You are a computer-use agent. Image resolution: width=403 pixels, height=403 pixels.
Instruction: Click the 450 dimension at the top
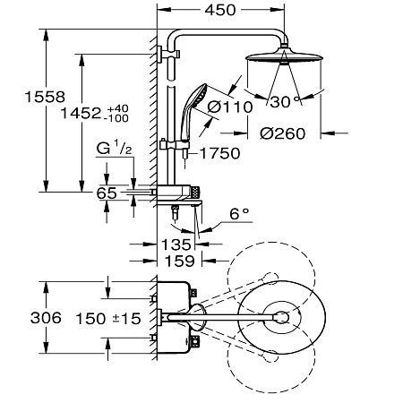pyautogui.click(x=220, y=10)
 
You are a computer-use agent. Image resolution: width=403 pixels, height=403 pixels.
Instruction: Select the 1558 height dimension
pyautogui.click(x=45, y=97)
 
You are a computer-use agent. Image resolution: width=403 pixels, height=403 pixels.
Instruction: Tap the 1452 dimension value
pyautogui.click(x=81, y=114)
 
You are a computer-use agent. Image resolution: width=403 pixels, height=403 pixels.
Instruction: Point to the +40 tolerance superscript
pyautogui.click(x=117, y=108)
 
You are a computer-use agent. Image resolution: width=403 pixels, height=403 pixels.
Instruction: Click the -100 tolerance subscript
pyautogui.click(x=116, y=118)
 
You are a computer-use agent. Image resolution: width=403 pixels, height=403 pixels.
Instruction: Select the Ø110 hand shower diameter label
pyautogui.click(x=230, y=107)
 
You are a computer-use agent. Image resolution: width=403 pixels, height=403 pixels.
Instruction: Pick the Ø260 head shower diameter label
pyautogui.click(x=283, y=133)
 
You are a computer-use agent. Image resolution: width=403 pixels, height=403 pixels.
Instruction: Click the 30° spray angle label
pyautogui.click(x=285, y=102)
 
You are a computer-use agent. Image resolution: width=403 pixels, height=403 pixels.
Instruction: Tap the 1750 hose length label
pyautogui.click(x=220, y=153)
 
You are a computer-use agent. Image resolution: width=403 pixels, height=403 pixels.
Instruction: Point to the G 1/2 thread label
pyautogui.click(x=115, y=149)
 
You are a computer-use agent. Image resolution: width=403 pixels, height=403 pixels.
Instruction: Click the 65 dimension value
pyautogui.click(x=107, y=193)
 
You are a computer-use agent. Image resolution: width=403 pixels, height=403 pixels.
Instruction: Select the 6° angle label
pyautogui.click(x=239, y=214)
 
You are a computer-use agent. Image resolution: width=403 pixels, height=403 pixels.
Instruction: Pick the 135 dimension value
pyautogui.click(x=176, y=244)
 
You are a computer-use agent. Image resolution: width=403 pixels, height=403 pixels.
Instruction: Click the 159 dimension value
pyautogui.click(x=180, y=261)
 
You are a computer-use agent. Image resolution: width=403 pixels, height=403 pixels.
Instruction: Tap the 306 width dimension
pyautogui.click(x=46, y=318)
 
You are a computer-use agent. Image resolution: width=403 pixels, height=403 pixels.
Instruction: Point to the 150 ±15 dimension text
pyautogui.click(x=108, y=319)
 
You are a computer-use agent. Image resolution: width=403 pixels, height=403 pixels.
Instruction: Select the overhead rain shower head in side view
pyautogui.click(x=284, y=55)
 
